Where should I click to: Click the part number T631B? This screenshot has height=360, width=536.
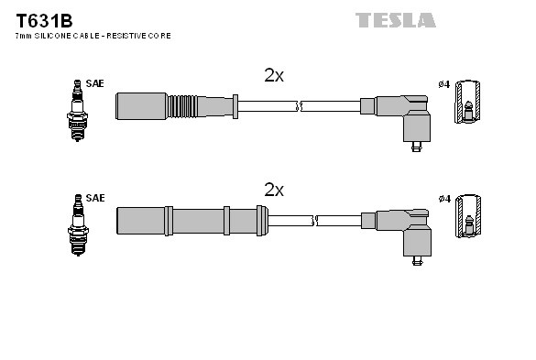tap(40, 18)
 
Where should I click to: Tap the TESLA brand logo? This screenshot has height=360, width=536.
tap(395, 19)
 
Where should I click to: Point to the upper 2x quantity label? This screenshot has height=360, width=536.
tap(274, 76)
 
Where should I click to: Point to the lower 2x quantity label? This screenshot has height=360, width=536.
tap(274, 190)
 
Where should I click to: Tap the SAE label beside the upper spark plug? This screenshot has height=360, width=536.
tap(95, 84)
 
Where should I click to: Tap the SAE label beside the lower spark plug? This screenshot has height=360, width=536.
tap(95, 198)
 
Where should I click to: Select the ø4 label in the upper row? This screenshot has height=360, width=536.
tap(443, 84)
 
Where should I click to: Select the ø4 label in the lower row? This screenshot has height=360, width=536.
tap(443, 198)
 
